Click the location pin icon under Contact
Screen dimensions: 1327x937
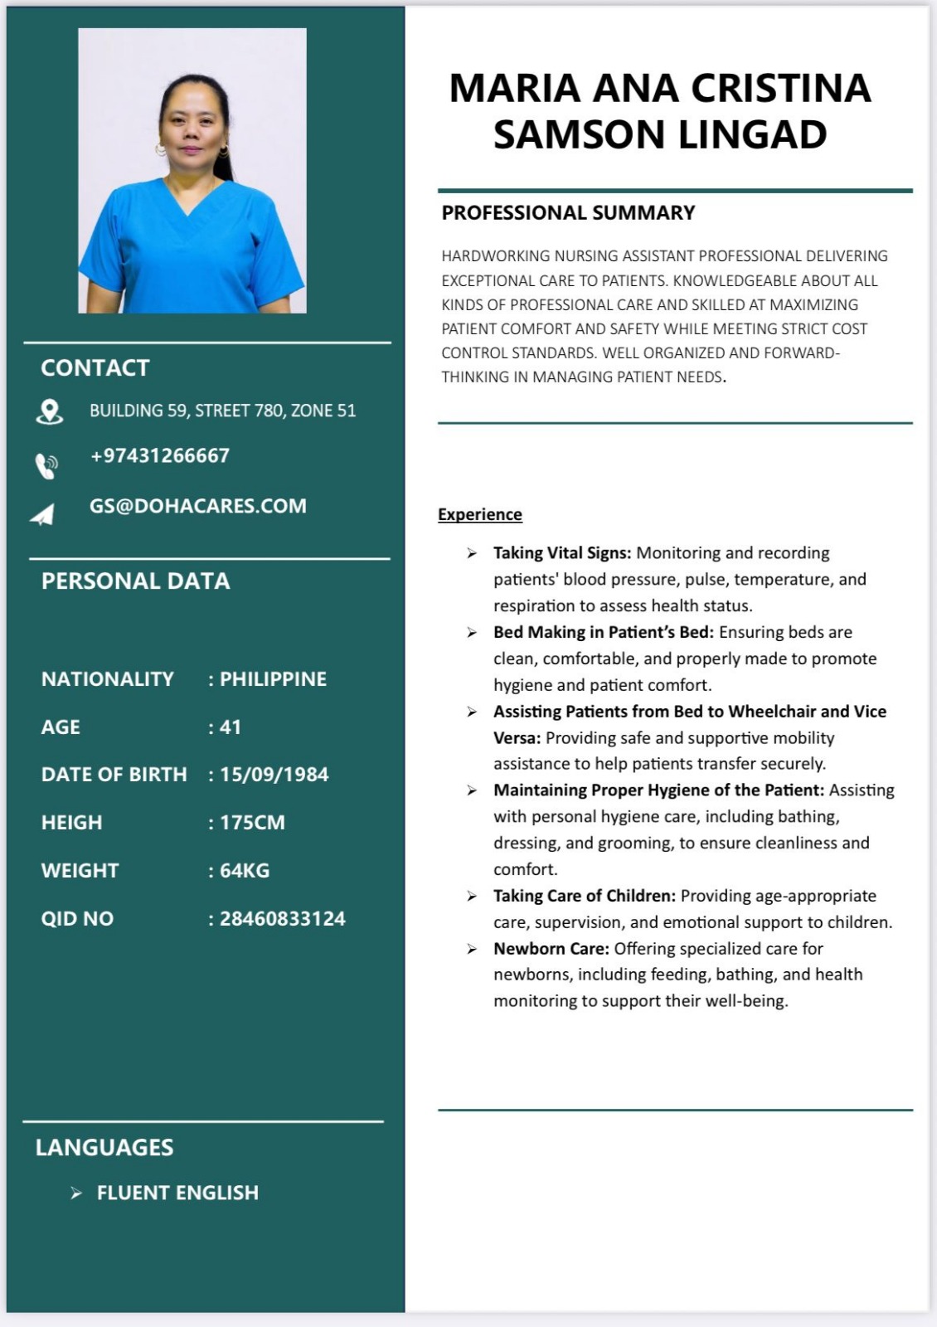click(50, 411)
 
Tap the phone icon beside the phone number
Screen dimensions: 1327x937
click(46, 465)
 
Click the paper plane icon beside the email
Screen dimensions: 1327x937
click(43, 515)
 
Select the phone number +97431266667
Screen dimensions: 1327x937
click(160, 455)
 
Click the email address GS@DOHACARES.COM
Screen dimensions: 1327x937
click(198, 506)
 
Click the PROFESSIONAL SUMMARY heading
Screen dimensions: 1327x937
click(568, 213)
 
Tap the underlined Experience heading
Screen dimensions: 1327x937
click(480, 514)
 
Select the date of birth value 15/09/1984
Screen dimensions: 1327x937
click(274, 775)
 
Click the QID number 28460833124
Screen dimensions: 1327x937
click(282, 919)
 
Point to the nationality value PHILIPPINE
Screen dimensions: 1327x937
click(273, 679)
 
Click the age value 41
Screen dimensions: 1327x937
click(231, 727)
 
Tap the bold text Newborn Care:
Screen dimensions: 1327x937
click(551, 949)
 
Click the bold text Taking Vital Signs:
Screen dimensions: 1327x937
click(562, 553)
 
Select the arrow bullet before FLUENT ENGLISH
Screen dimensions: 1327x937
click(76, 1193)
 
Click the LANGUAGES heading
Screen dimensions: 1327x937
click(104, 1148)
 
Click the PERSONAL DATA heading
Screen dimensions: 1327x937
click(136, 581)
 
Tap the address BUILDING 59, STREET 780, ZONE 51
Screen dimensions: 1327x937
click(222, 411)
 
